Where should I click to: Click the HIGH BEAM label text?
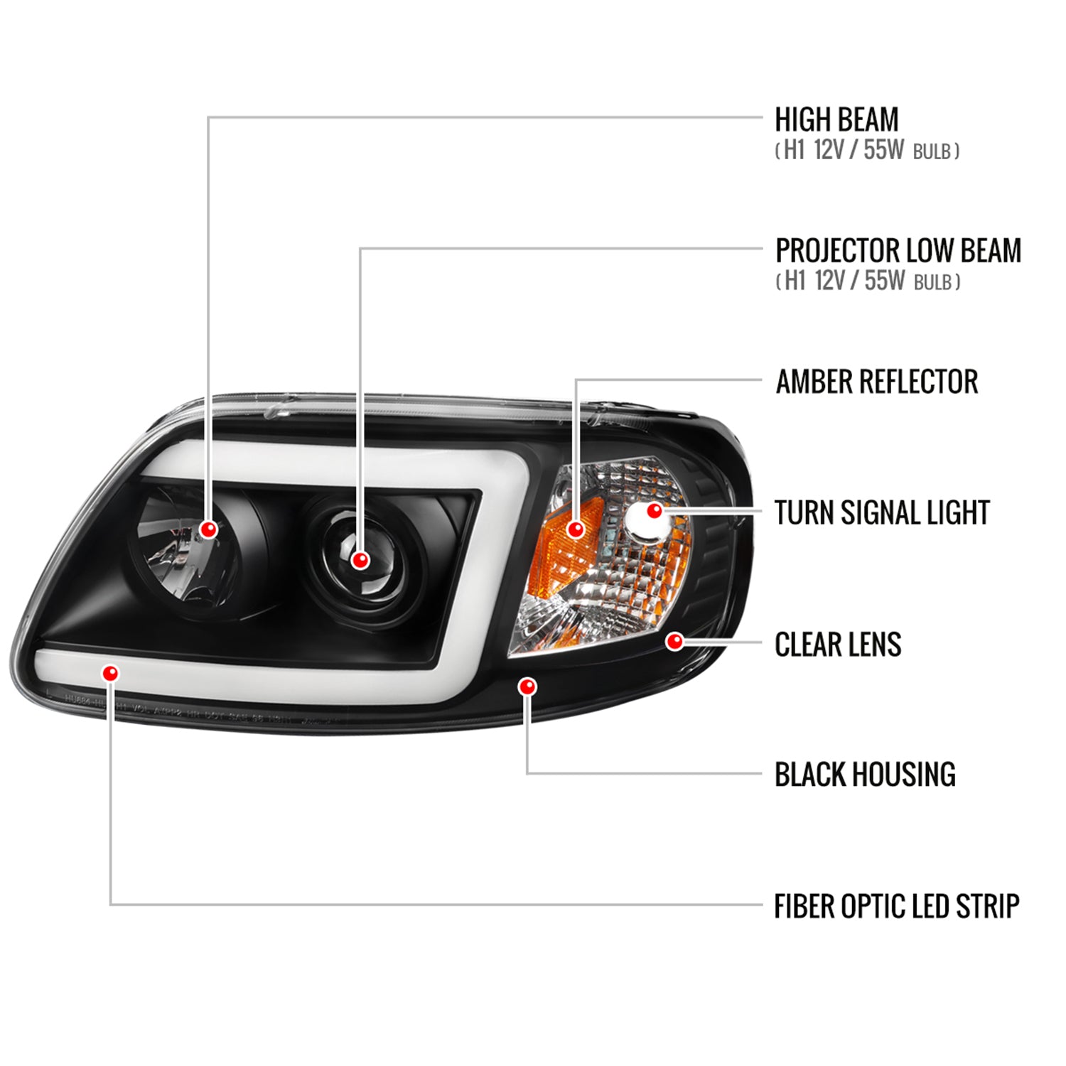[x=836, y=120]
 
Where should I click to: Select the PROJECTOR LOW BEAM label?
[x=898, y=251]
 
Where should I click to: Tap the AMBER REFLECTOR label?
[x=876, y=382]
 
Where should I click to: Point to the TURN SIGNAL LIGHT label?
[x=882, y=513]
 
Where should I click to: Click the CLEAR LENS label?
[x=838, y=645]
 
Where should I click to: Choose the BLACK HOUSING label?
[x=865, y=775]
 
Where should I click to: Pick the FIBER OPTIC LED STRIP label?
[x=896, y=907]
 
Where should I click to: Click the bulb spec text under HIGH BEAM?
[x=867, y=151]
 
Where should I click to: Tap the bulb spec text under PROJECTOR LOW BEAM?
[x=868, y=281]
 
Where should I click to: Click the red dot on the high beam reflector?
[x=208, y=529]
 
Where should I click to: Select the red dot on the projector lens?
[x=360, y=560]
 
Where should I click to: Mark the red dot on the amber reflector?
[x=576, y=529]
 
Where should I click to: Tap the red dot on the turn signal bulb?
[x=655, y=510]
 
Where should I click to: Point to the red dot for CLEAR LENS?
[x=674, y=642]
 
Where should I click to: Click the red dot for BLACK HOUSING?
[x=527, y=687]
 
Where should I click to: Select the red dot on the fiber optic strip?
[x=111, y=672]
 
